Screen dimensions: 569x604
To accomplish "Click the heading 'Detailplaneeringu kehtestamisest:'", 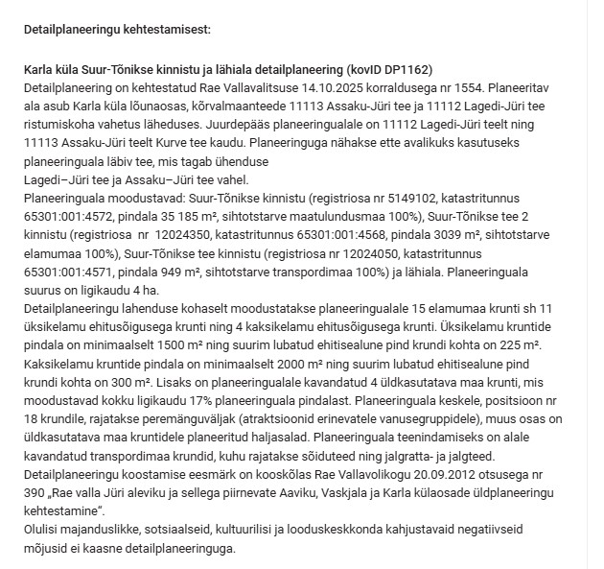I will tap(113, 30).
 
